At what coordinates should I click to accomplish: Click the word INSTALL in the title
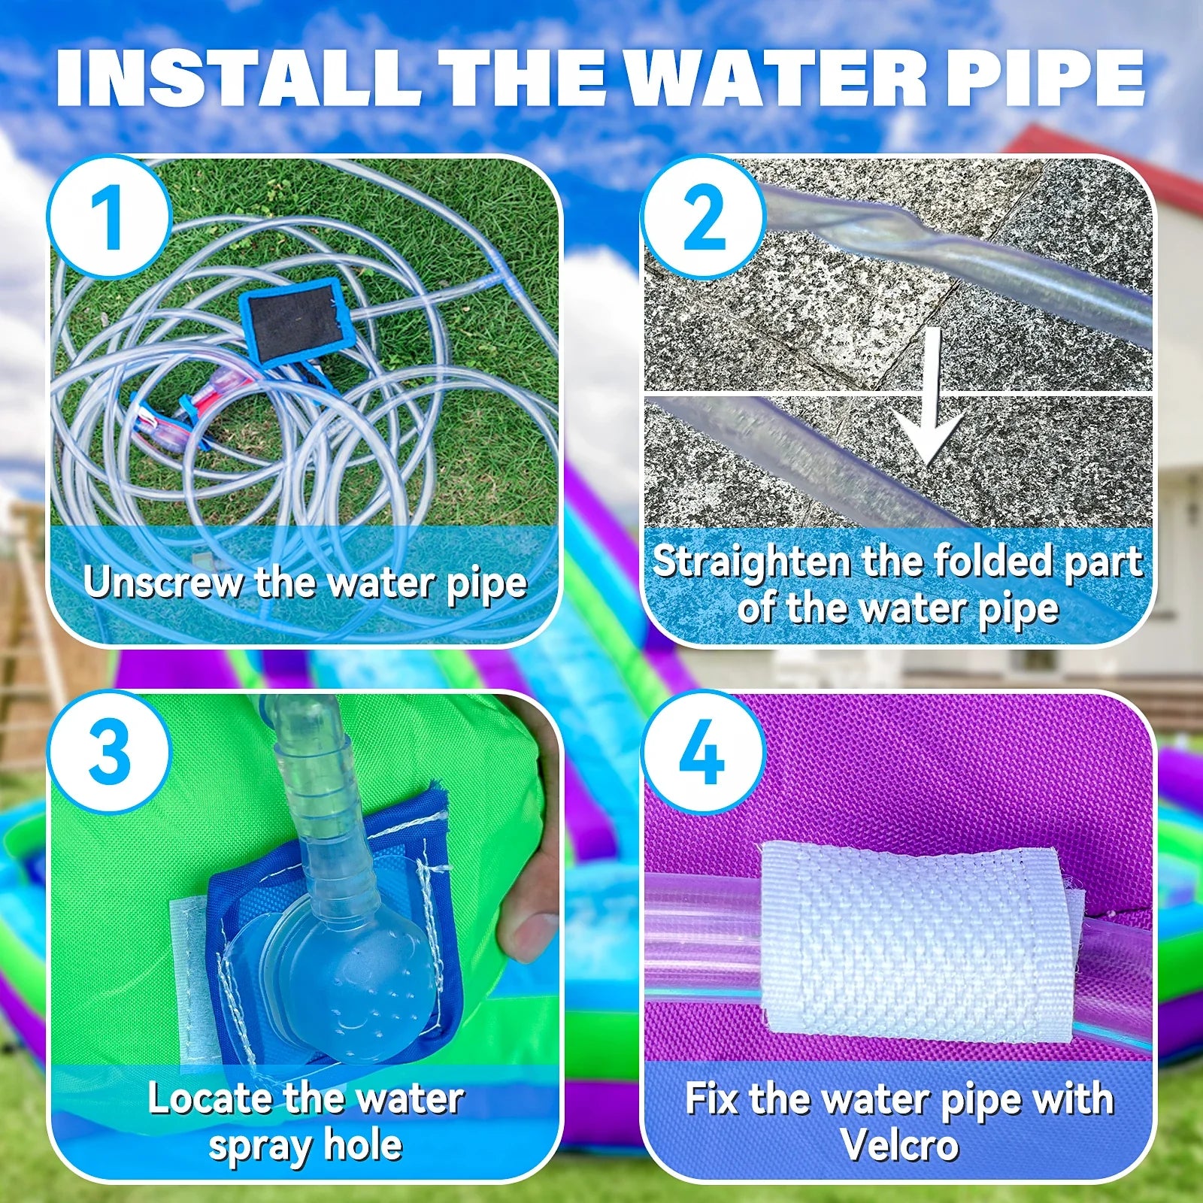(238, 79)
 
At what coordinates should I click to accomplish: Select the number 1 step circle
(111, 217)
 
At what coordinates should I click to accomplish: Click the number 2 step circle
(704, 217)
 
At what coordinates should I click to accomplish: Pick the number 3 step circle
(111, 752)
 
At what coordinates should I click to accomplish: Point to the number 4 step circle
(704, 752)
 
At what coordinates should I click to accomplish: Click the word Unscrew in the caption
(164, 583)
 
